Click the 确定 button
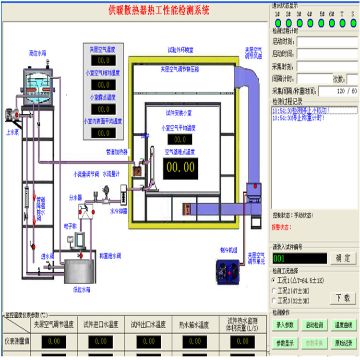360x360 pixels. coord(343,258)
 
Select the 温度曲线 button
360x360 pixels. coord(343,325)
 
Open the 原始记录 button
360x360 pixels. coord(343,343)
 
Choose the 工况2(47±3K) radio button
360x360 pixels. coord(274,290)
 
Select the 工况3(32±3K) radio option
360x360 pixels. coord(274,300)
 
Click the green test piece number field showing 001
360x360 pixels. coord(299,258)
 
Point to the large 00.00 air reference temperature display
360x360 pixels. coord(180,168)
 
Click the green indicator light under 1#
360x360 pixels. coord(277,22)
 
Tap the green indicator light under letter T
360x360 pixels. coord(342,22)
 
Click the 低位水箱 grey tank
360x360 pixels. coord(81,271)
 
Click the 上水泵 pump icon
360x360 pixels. coord(12,115)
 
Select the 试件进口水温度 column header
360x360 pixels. coord(101,324)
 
